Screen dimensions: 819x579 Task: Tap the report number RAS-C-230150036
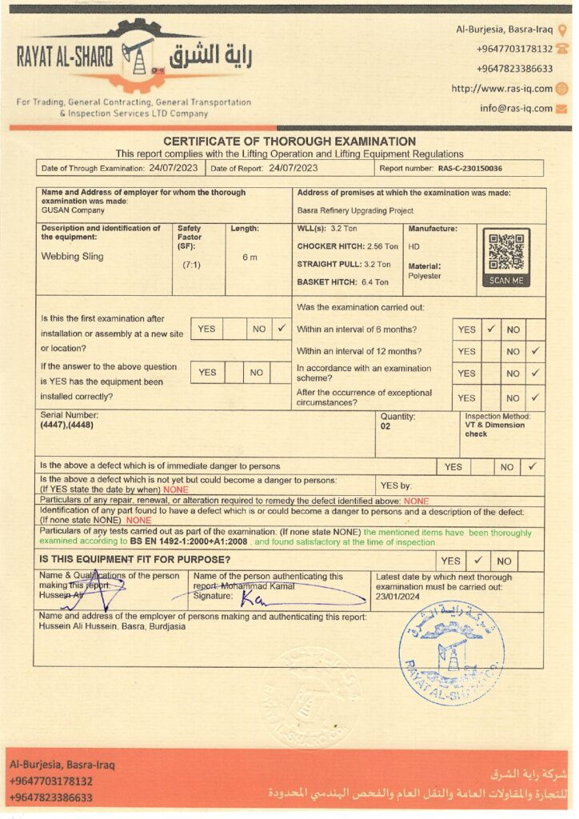tap(470, 169)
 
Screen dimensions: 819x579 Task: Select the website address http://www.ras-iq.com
tap(501, 89)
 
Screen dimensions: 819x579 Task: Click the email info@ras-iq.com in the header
tap(516, 108)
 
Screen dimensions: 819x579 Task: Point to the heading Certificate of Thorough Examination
tap(289, 142)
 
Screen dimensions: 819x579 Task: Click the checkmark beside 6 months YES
tap(491, 329)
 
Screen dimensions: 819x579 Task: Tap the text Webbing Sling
tap(72, 257)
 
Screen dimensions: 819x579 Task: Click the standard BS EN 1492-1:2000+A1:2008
tap(190, 542)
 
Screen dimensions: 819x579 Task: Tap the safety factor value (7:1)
tap(191, 264)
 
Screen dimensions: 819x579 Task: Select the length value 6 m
tap(250, 257)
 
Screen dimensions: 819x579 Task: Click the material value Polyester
tap(425, 276)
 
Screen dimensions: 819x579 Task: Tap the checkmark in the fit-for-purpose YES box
tap(477, 561)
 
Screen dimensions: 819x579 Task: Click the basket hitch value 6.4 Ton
tap(370, 282)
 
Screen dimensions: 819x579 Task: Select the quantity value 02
tap(385, 426)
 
